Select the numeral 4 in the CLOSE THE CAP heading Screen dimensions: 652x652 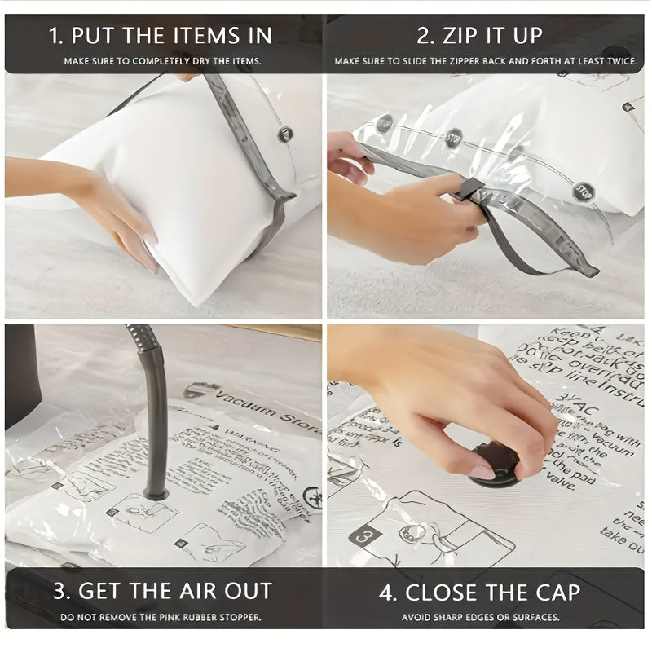click(x=388, y=592)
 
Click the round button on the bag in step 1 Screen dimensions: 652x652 click(x=285, y=134)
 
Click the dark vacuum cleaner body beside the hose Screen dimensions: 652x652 click(x=20, y=375)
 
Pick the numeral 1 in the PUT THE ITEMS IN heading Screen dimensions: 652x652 click(x=55, y=36)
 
